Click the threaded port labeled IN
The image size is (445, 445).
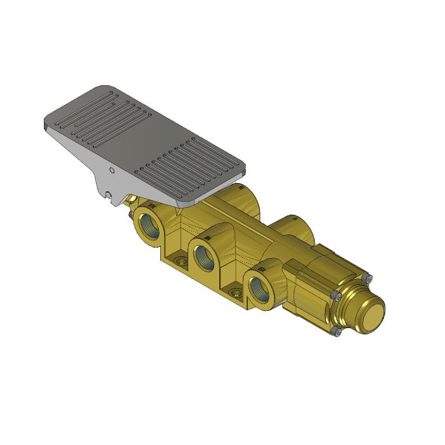205,257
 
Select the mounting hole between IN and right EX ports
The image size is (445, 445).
236,293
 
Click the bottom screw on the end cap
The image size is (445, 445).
337,331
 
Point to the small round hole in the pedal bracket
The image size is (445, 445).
112,170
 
